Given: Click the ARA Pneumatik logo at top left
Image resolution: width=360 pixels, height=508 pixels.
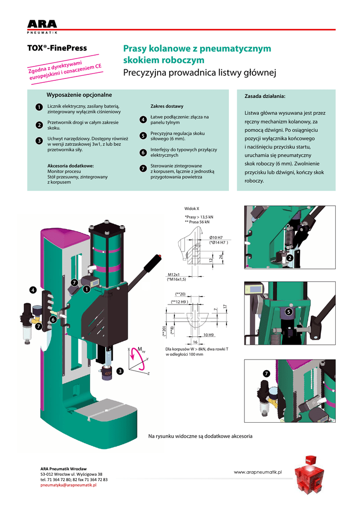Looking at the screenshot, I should pos(42,26).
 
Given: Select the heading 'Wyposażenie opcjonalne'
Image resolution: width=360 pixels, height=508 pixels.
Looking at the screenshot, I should pos(79,95).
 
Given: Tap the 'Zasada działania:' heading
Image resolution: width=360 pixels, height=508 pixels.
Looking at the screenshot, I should pos(265,96).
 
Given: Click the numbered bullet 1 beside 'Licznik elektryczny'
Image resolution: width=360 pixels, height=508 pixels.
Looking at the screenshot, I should pos(39,108).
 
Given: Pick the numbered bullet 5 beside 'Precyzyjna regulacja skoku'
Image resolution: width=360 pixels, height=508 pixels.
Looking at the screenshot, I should pos(143,135).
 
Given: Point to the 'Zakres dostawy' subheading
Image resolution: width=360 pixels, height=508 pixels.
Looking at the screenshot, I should pos(167,106).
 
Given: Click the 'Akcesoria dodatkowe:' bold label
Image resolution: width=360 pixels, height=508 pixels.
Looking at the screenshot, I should pos(71,166).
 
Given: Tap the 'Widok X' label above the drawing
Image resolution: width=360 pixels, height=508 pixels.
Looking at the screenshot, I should pos(192,209).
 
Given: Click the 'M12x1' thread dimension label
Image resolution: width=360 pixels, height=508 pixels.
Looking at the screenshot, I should pos(173,274).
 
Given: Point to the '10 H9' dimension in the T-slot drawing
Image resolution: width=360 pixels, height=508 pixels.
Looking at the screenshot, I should pos(208,335).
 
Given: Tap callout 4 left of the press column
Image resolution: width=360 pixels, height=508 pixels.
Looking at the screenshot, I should pos(33,290).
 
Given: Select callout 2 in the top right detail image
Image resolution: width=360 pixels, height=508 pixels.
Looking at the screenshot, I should pos(290,258).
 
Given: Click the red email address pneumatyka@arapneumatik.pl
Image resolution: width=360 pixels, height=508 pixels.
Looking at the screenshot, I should pos(68,485).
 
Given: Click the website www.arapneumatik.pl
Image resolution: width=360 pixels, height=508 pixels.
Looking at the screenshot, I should pos(258,473).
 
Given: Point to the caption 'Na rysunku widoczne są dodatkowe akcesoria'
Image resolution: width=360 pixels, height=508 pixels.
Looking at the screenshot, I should pos(201,436).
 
